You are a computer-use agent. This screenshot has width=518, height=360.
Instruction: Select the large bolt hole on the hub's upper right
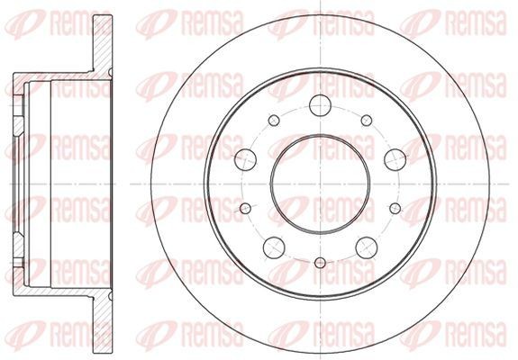[x=393, y=158]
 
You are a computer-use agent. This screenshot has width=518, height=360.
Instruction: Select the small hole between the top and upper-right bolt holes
[x=366, y=121]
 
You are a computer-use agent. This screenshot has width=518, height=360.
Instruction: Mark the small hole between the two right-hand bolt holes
[x=396, y=208]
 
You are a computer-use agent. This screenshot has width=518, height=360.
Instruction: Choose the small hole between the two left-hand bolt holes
[x=245, y=208]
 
